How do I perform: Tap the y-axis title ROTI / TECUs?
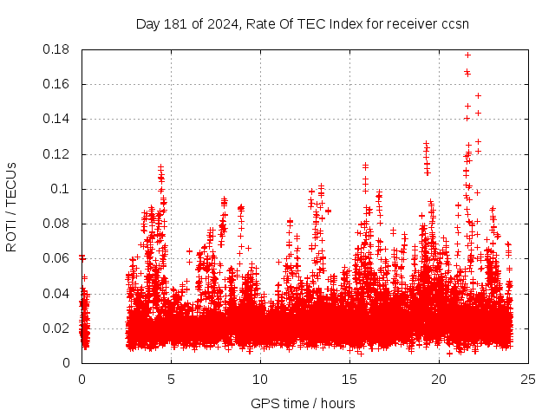click(x=11, y=205)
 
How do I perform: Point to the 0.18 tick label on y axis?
click(x=57, y=49)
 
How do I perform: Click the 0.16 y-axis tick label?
click(x=57, y=84)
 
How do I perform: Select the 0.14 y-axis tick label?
click(x=57, y=119)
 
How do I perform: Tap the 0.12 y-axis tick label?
click(x=57, y=154)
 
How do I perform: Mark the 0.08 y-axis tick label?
click(x=57, y=224)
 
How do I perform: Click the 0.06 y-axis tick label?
click(x=57, y=258)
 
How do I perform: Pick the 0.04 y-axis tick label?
click(x=57, y=293)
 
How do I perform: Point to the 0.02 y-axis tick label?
click(x=57, y=328)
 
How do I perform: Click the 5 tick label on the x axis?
click(x=171, y=379)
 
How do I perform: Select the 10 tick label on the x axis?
click(x=260, y=379)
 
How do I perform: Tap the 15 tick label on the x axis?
click(x=349, y=379)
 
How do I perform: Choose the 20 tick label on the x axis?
click(x=439, y=379)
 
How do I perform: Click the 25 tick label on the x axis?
click(x=528, y=379)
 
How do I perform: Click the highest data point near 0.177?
click(x=468, y=55)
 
